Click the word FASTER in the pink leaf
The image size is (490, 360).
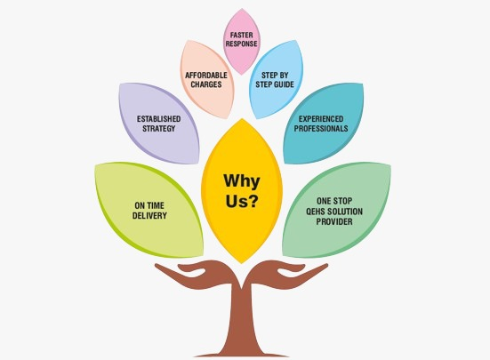[241, 35]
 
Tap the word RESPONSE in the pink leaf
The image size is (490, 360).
[241, 44]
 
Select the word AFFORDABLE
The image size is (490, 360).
[206, 76]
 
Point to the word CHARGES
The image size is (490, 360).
[206, 84]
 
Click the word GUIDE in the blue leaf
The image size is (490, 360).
[284, 84]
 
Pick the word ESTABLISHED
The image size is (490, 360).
[159, 119]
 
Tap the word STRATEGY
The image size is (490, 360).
[159, 128]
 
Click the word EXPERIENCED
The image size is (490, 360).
[321, 119]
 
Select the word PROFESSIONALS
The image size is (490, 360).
[321, 128]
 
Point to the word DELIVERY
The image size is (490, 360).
[149, 215]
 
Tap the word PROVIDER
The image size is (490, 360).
[334, 221]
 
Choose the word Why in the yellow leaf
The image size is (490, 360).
[242, 181]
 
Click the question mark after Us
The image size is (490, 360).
[253, 201]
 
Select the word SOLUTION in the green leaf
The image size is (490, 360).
[345, 212]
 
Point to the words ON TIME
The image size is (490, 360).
[149, 205]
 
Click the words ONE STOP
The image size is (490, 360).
[334, 201]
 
